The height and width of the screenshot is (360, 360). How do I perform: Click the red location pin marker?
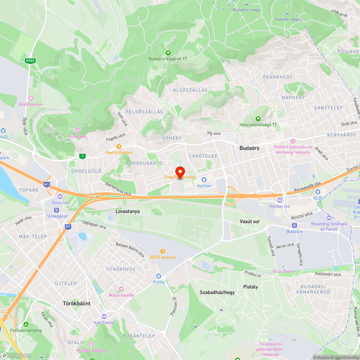click(x=180, y=171)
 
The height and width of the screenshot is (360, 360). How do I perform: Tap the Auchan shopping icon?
click(x=204, y=179)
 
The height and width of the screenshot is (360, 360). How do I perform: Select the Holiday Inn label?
click(x=279, y=206)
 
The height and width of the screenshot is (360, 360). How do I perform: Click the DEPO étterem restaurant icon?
click(x=163, y=251)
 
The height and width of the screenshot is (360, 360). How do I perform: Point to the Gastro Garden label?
click(x=118, y=152)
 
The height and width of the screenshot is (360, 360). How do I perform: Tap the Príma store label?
click(x=158, y=282)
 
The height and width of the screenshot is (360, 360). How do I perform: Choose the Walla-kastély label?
click(x=121, y=295)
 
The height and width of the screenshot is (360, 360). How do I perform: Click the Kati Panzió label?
click(x=104, y=323)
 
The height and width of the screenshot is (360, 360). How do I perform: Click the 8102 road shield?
click(x=30, y=61)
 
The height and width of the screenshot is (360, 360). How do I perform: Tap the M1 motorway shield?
click(x=46, y=184)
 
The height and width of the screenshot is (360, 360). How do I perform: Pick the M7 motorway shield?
click(x=68, y=226)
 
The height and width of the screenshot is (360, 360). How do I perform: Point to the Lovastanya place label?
click(x=127, y=212)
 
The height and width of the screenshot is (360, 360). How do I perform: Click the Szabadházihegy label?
click(x=217, y=292)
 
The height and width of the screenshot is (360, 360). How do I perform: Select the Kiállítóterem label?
click(x=31, y=104)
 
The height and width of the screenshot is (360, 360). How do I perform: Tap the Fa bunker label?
click(x=78, y=136)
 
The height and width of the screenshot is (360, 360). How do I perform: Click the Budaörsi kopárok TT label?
click(x=168, y=59)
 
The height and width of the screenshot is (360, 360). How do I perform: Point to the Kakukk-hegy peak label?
click(x=287, y=19)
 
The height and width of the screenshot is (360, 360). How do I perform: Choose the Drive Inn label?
click(x=60, y=203)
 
